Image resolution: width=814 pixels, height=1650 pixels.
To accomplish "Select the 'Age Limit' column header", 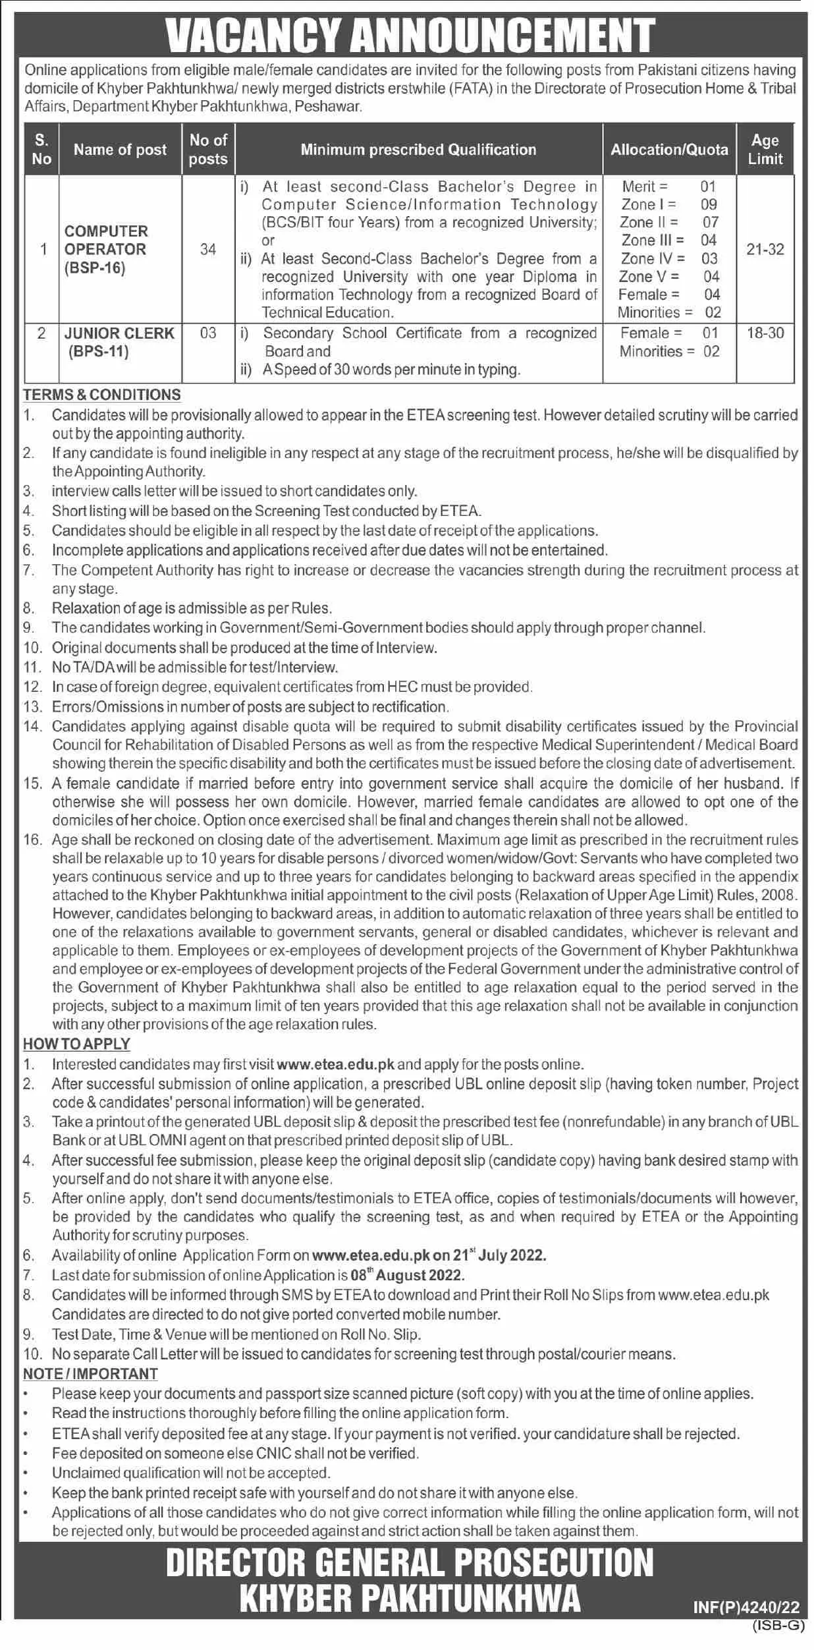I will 765,150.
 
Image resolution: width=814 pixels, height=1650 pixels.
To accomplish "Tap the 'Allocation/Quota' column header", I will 669,150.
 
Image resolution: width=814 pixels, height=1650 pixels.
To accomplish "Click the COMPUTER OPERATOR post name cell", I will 106,250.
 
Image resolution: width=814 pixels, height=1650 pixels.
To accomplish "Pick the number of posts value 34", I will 208,249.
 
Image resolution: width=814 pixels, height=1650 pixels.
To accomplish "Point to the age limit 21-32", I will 765,249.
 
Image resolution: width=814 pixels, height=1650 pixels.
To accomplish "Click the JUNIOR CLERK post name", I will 119,333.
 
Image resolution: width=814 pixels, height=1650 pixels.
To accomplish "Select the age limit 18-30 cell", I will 765,333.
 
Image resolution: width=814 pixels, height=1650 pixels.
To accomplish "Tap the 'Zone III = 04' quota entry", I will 668,241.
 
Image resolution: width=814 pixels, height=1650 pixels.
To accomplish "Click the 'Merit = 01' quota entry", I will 668,186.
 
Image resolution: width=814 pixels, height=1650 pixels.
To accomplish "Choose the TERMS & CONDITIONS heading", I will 102,395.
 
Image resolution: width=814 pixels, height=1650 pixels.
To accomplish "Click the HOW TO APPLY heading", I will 76,1044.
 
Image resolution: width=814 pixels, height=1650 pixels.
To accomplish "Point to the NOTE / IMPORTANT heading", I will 90,1373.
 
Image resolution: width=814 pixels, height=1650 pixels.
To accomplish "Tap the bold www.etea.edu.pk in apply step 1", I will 336,1064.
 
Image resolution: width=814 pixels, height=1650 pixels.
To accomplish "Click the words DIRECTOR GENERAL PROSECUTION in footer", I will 410,1562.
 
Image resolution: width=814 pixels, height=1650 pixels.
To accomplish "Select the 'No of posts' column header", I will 208,150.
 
